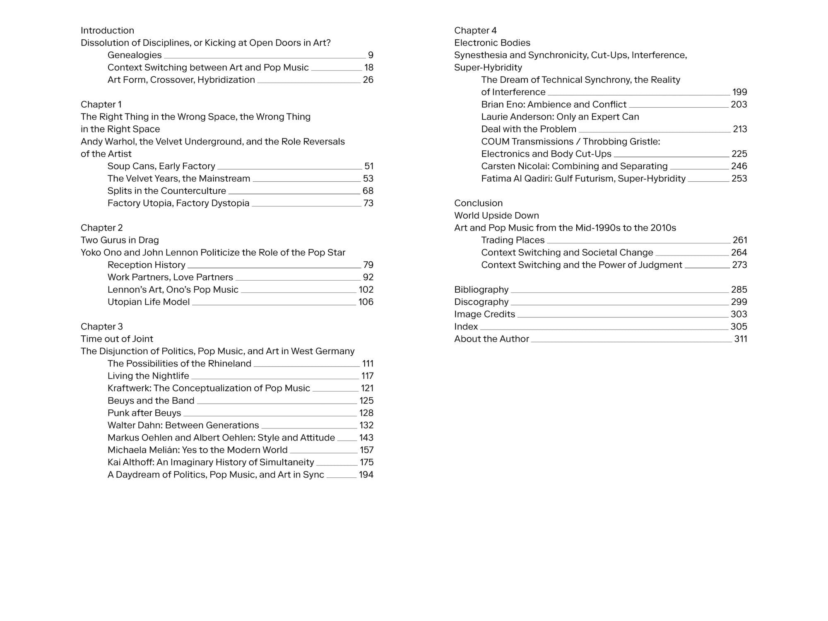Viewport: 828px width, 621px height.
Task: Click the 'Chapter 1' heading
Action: pyautogui.click(x=101, y=104)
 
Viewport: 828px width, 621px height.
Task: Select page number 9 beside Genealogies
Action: pyautogui.click(x=371, y=55)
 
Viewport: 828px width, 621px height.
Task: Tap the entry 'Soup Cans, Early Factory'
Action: pyautogui.click(x=161, y=166)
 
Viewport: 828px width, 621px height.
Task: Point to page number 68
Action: pyautogui.click(x=368, y=191)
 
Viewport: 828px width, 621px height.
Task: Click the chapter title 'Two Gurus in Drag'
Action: pyautogui.click(x=120, y=240)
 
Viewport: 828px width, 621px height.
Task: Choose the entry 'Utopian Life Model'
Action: pyautogui.click(x=148, y=302)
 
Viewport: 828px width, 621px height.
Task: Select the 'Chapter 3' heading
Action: pyautogui.click(x=101, y=327)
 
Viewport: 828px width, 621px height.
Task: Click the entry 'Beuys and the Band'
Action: pyautogui.click(x=151, y=401)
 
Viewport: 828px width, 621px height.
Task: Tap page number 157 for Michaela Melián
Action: pyautogui.click(x=366, y=450)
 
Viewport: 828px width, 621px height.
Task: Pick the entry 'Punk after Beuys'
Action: pyautogui.click(x=144, y=413)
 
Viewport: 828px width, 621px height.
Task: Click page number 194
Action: pyautogui.click(x=366, y=475)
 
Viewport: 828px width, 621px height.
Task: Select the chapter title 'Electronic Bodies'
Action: pyautogui.click(x=492, y=43)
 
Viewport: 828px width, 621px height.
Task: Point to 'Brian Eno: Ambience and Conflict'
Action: pyautogui.click(x=554, y=104)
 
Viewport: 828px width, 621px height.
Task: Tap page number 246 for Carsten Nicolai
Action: pyautogui.click(x=739, y=166)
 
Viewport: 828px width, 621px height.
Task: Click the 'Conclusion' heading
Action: pyautogui.click(x=478, y=203)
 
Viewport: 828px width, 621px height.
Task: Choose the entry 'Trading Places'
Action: pyautogui.click(x=513, y=240)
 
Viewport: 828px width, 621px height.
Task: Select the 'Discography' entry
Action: pyautogui.click(x=481, y=302)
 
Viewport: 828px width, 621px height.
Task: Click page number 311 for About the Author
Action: pyautogui.click(x=740, y=339)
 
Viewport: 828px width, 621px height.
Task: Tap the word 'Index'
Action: pyautogui.click(x=466, y=327)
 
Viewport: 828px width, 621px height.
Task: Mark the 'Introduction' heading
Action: pyautogui.click(x=107, y=30)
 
